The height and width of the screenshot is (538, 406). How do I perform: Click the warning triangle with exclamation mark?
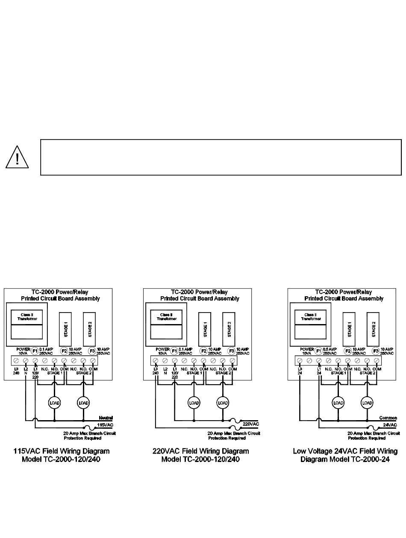coord(17,158)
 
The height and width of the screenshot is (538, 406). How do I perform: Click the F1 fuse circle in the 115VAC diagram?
coord(35,351)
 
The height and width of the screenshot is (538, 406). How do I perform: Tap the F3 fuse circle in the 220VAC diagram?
coord(232,351)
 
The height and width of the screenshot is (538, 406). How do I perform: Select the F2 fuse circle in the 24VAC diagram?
coord(347,351)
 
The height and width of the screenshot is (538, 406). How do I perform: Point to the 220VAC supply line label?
coord(251,424)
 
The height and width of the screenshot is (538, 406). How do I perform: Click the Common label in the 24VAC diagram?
coord(388,418)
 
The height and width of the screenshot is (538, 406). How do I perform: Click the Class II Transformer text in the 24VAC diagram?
coord(311,317)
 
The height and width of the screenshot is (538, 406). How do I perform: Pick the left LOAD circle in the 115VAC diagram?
coord(54,403)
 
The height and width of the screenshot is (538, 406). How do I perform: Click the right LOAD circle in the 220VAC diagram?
coord(223,403)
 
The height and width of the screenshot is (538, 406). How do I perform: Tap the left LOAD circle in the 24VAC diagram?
coord(338,403)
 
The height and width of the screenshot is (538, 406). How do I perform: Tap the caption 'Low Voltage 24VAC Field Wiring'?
coord(345,451)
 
